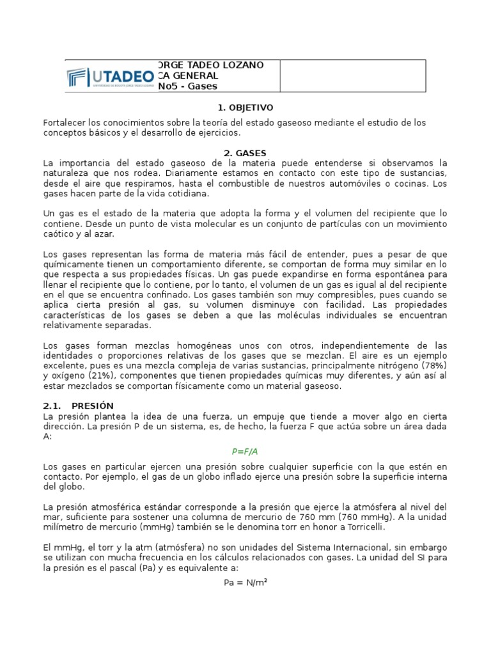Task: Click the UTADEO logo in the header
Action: tap(111, 77)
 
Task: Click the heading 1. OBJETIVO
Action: tap(245, 107)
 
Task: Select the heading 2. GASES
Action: tap(245, 153)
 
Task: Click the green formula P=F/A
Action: tap(245, 451)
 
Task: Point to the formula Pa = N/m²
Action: tap(245, 583)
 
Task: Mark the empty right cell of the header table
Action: tap(353, 76)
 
